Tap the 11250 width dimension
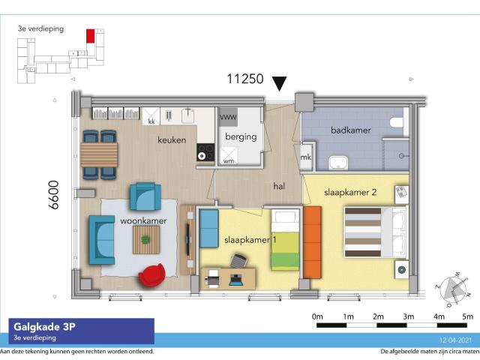245,79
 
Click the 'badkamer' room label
350,130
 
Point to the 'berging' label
240,136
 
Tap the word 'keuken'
172,140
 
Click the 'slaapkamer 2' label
349,192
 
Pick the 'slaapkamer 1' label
250,240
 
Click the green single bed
285,241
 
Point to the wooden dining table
99,155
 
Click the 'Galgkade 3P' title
43,326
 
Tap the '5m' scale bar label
468,316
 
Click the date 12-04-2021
459,340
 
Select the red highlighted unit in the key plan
91,35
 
